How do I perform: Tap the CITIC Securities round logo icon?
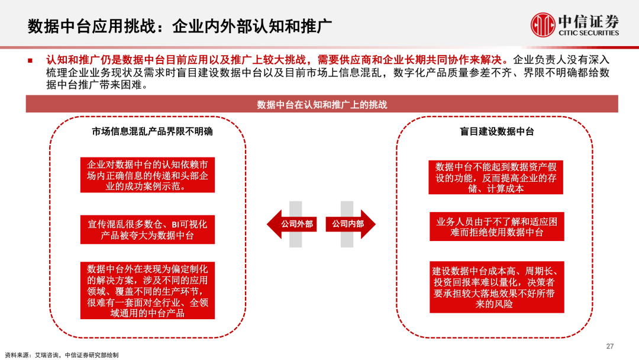[544, 25]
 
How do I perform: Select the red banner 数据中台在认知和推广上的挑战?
[322, 104]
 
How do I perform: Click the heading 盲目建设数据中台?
[497, 131]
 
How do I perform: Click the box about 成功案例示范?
[148, 175]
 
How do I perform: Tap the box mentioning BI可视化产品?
[148, 229]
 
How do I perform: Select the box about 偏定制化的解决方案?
[148, 290]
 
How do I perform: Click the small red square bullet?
[30, 60]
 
